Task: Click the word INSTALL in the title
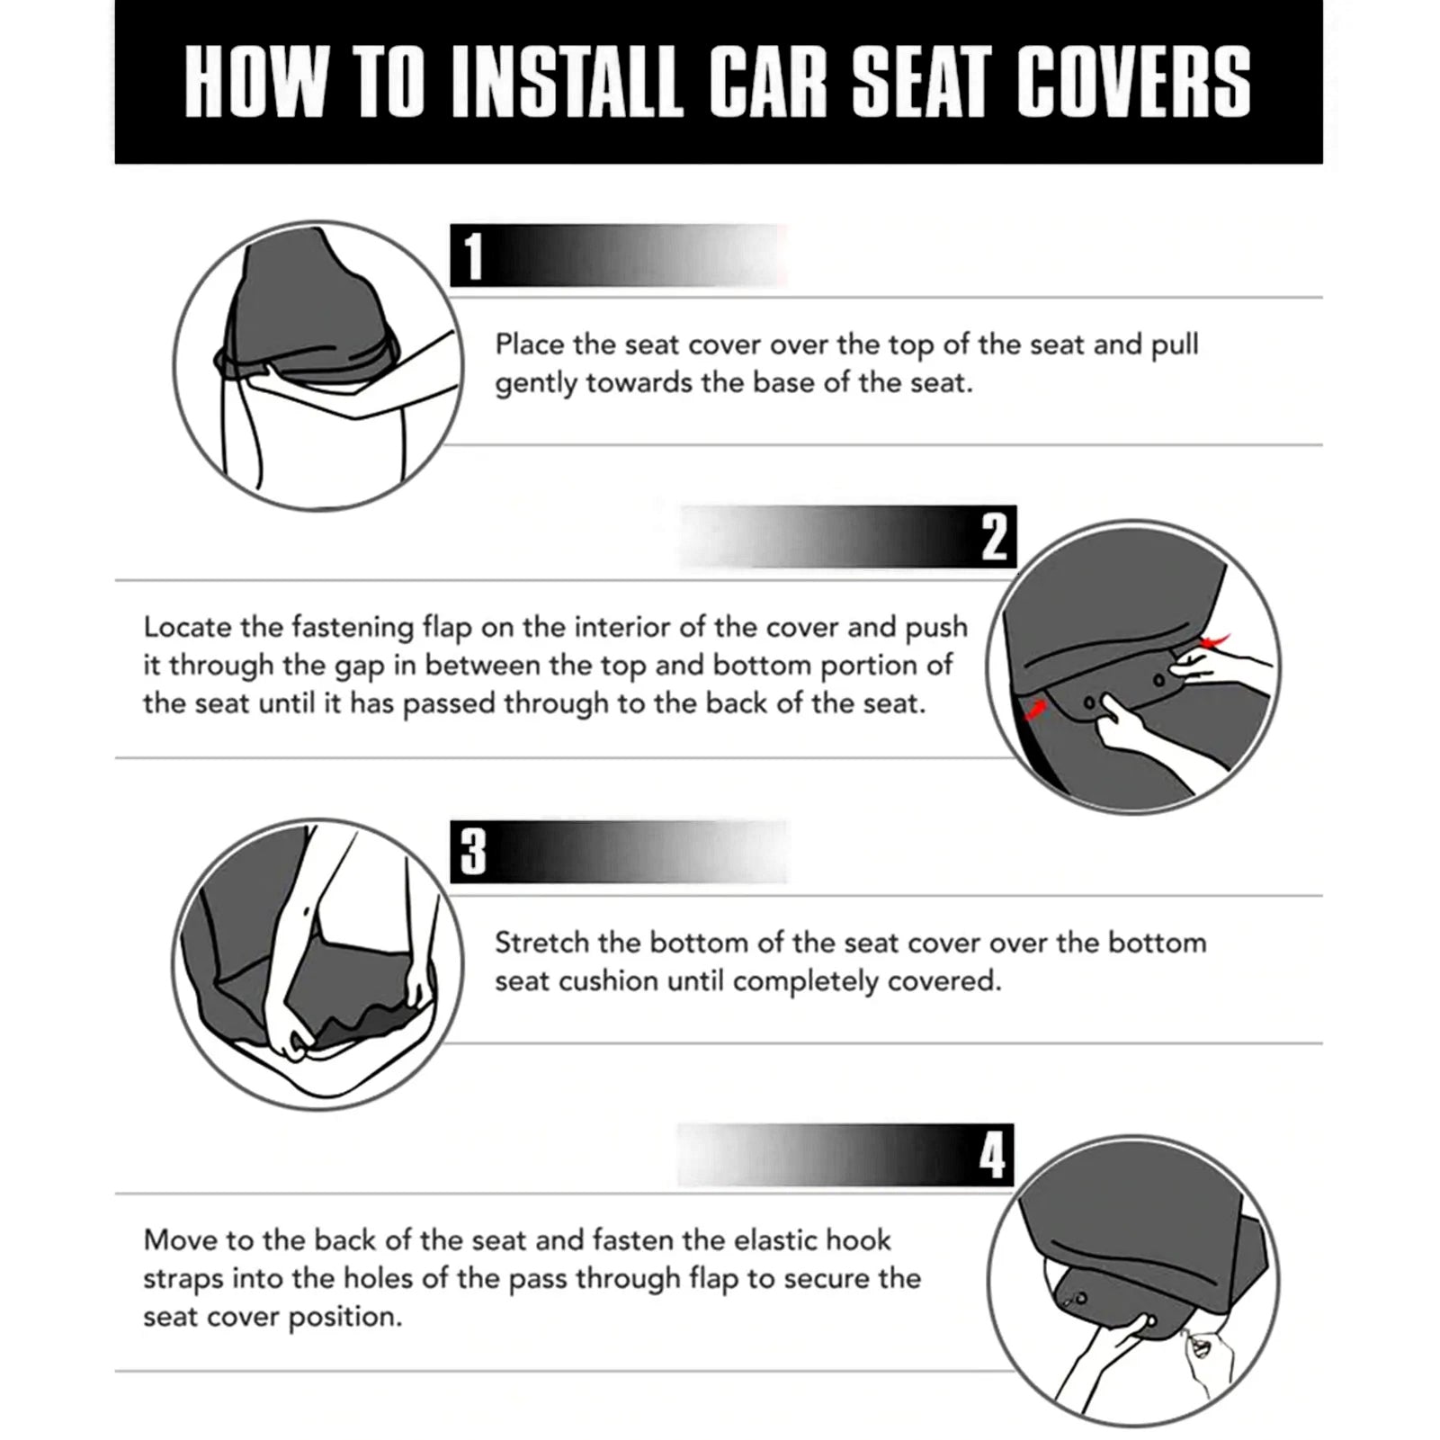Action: point(567,83)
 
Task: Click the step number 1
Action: point(474,256)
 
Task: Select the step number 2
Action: point(994,537)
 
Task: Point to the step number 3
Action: point(473,852)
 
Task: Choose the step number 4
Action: point(992,1155)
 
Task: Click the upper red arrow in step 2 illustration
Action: point(1214,640)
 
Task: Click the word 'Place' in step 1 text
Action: point(530,344)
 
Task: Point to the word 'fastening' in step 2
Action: point(356,627)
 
